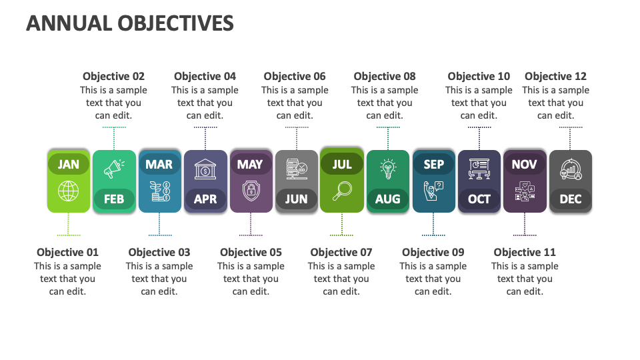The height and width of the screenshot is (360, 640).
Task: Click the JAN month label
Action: point(68,165)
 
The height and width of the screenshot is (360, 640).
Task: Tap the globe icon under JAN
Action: point(68,192)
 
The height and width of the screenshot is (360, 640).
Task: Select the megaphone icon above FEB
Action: point(113,169)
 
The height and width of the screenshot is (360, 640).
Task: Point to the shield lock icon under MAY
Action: point(251,192)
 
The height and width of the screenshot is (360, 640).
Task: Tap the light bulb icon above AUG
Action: point(387,169)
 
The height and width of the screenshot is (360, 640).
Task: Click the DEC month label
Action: point(570,199)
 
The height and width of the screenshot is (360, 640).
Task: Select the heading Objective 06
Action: point(295,77)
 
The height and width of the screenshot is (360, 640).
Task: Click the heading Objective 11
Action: point(524,252)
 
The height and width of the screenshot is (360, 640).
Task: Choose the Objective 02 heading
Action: point(113,77)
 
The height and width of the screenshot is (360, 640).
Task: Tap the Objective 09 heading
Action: point(433,252)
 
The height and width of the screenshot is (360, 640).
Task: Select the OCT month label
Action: point(479,199)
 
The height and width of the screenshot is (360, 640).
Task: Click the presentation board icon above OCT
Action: point(479,169)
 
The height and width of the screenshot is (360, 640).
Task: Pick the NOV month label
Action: point(524,165)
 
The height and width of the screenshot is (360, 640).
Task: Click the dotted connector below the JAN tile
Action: point(68,225)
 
